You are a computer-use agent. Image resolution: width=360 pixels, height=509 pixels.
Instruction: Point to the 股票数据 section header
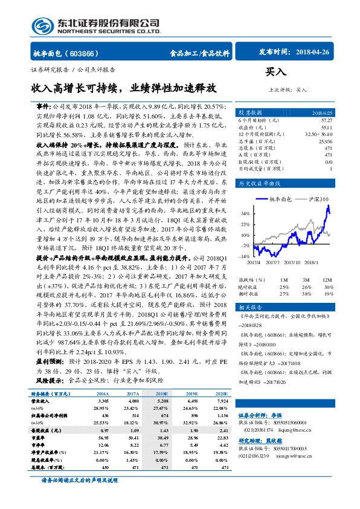[249, 113]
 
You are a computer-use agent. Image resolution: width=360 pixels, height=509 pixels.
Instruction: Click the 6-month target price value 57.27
[326, 121]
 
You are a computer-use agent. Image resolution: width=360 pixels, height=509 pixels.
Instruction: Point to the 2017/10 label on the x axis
[292, 263]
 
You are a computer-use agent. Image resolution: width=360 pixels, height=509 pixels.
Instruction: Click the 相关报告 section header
[249, 307]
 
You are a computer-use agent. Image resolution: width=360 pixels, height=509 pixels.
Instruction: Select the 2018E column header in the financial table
[162, 393]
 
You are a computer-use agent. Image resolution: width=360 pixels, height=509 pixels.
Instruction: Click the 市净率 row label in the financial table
[40, 444]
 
